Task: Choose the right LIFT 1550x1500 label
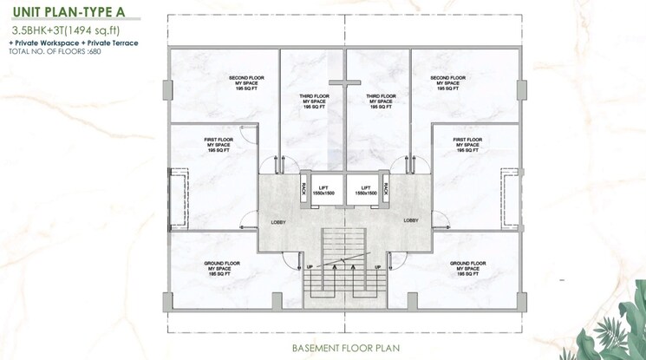[x=366, y=190]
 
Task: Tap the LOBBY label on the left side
[x=278, y=221]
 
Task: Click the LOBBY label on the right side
[x=411, y=220]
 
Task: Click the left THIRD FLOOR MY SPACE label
[x=312, y=101]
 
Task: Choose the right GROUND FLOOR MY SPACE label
[x=467, y=267]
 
